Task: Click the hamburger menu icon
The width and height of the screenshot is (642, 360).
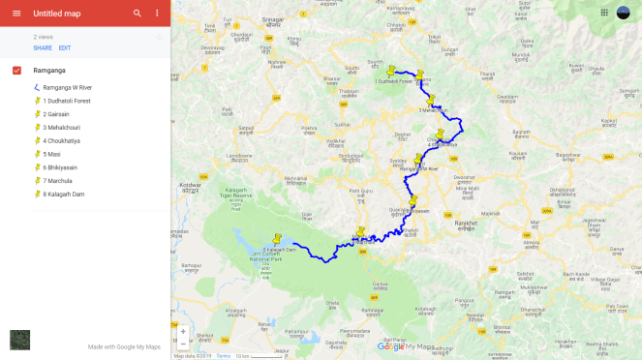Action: click(15, 14)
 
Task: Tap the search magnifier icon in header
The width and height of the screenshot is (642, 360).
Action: click(138, 14)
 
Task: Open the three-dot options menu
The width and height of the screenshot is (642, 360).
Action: click(157, 14)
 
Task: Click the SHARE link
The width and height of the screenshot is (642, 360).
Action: click(43, 47)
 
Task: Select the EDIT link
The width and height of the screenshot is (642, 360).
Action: click(65, 47)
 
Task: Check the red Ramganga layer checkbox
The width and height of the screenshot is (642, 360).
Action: click(17, 71)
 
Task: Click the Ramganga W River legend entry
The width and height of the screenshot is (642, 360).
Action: click(71, 87)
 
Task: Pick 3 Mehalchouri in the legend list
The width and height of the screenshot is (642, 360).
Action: click(63, 128)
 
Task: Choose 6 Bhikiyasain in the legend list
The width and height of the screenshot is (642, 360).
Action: click(64, 167)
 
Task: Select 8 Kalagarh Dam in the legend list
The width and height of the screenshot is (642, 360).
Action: click(65, 194)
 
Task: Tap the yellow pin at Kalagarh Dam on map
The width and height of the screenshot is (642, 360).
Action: click(277, 237)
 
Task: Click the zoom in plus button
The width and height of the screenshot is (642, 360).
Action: click(183, 331)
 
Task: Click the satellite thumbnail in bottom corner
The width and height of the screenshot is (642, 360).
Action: click(19, 340)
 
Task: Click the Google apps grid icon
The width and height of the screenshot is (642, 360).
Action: click(604, 13)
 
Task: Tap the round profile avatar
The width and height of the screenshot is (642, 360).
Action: click(624, 13)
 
